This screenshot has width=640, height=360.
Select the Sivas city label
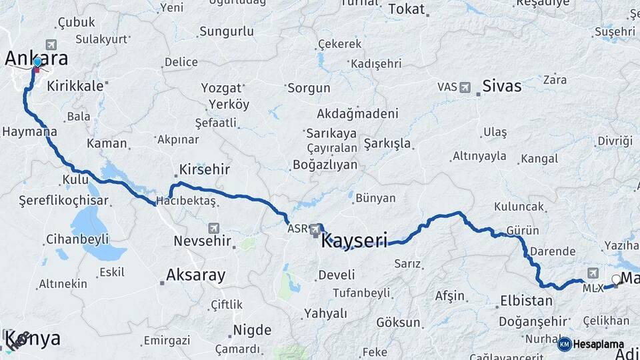pyautogui.click(x=501, y=86)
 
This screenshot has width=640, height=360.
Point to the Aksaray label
pyautogui.click(x=195, y=274)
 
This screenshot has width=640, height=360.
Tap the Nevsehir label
pyautogui.click(x=202, y=241)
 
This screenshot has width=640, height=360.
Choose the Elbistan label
pyautogui.click(x=525, y=301)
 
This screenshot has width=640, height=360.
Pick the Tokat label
pyautogui.click(x=406, y=9)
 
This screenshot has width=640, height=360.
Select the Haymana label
pyautogui.click(x=29, y=132)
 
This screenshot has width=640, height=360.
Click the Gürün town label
pyautogui.click(x=523, y=230)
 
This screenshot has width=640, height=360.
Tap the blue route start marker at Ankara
pyautogui.click(x=37, y=63)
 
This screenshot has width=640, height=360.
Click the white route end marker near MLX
pyautogui.click(x=616, y=279)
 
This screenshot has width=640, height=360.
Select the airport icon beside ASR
pyautogui.click(x=316, y=229)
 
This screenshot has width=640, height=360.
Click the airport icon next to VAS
pyautogui.click(x=465, y=87)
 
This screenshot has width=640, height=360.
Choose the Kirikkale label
pyautogui.click(x=75, y=85)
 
